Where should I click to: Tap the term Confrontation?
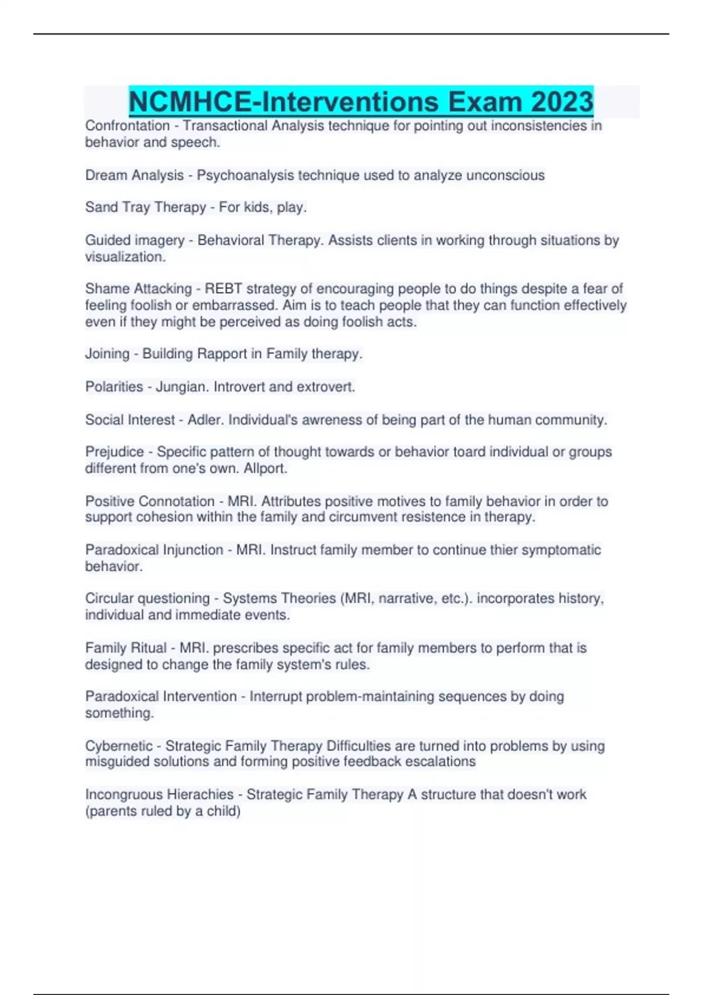click(127, 126)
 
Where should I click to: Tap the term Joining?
click(107, 354)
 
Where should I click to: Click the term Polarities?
click(114, 387)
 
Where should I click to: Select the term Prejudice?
click(114, 452)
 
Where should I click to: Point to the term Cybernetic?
click(119, 746)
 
